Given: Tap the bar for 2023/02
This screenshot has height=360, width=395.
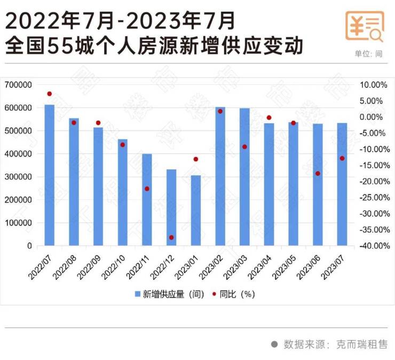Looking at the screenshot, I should tap(220, 176).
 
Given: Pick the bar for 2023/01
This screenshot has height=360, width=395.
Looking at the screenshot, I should tap(196, 210).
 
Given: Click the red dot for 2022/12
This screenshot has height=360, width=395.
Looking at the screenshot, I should tap(171, 237).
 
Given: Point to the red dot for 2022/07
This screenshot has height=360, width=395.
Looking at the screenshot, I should tap(49, 94).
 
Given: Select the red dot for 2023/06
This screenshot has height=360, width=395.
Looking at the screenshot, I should tap(318, 174).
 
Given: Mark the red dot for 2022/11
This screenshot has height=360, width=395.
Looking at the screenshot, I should tap(147, 189).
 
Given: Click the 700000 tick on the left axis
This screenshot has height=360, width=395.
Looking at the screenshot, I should tap(18, 85).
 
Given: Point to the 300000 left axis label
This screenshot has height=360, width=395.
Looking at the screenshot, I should tap(18, 177).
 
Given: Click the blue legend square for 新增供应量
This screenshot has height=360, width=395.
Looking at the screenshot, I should tap(137, 294).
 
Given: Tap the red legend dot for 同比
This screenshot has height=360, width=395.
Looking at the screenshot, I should tap(214, 294).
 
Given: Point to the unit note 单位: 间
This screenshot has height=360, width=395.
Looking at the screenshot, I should tap(368, 54).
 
